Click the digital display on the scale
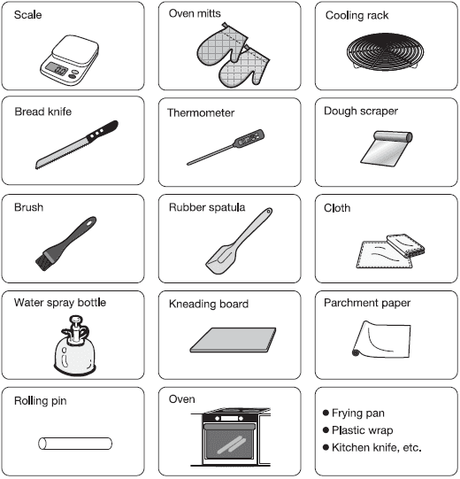pos(57,69)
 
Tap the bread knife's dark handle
pos(103,131)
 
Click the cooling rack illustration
pos(385,51)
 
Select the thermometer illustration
pos(226,147)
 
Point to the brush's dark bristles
pos(45,260)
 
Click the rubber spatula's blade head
pos(221,259)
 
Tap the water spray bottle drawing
pos(75,345)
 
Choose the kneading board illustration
pos(233,340)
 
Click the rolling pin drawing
pos(75,444)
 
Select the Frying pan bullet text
pos(357,413)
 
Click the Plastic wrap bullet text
pos(363,430)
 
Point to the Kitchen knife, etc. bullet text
pos(377,447)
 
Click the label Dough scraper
pos(361,112)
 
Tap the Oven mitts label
pos(195,13)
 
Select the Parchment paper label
pos(367,303)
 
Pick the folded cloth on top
pos(406,245)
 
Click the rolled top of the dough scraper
pos(393,136)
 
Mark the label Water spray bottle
pos(60,303)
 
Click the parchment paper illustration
pos(381,339)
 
